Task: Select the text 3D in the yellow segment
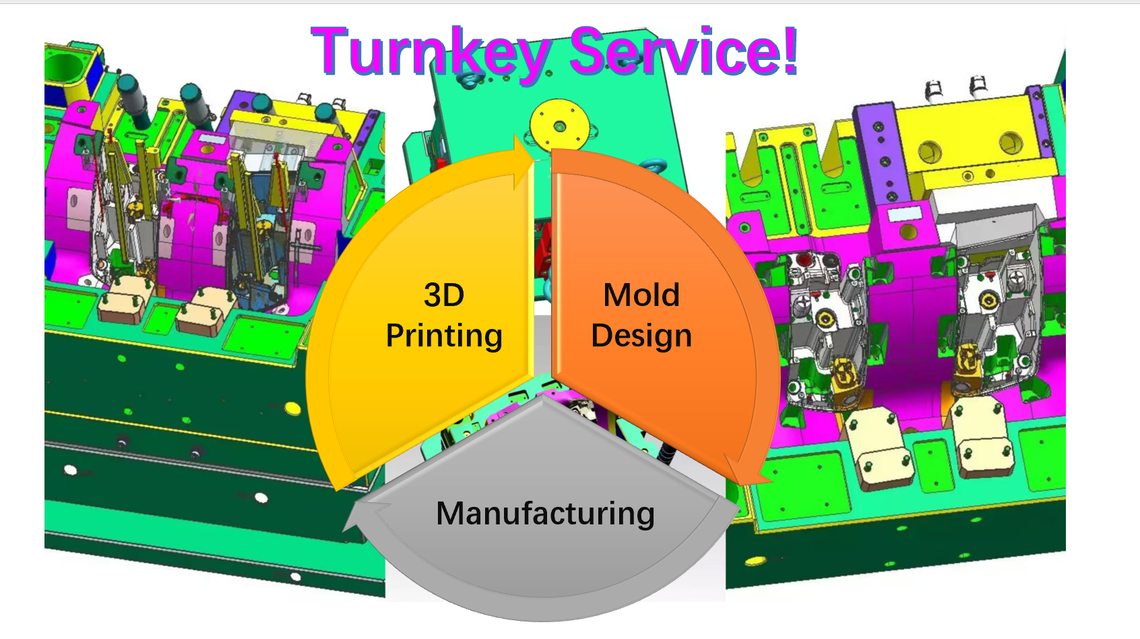444,295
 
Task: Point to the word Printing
444,336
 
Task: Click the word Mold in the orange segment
641,295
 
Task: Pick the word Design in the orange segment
641,336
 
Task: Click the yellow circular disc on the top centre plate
559,125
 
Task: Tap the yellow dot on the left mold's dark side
292,408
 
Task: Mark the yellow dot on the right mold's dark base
755,561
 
